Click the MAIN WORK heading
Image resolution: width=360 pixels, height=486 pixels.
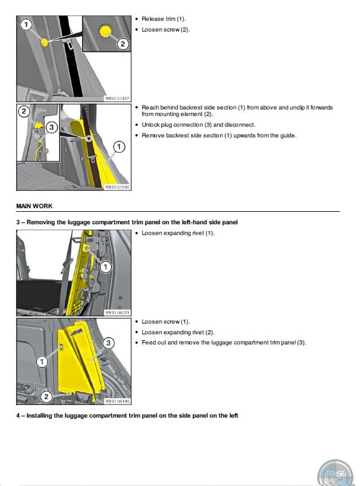pyautogui.click(x=35, y=206)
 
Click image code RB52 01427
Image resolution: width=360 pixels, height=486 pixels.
pyautogui.click(x=117, y=98)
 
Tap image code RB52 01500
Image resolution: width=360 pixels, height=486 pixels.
pyautogui.click(x=117, y=187)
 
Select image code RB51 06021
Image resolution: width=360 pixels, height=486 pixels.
pyautogui.click(x=117, y=312)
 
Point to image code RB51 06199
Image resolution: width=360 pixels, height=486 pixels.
pyautogui.click(x=117, y=401)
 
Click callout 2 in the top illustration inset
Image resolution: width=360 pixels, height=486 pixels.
pyautogui.click(x=123, y=43)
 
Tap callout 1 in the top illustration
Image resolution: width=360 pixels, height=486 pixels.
pyautogui.click(x=26, y=24)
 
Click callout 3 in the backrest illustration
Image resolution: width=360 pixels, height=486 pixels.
pyautogui.click(x=52, y=127)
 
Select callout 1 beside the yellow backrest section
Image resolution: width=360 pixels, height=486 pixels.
pyautogui.click(x=119, y=146)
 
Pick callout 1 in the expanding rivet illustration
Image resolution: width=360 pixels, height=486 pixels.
pyautogui.click(x=105, y=267)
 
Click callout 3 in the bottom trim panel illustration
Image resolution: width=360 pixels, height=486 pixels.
pyautogui.click(x=108, y=343)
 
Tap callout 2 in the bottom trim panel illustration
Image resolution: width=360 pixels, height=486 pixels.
pyautogui.click(x=46, y=396)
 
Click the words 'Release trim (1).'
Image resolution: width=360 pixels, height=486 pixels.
pyautogui.click(x=164, y=19)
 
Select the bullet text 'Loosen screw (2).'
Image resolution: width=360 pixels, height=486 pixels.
pyautogui.click(x=165, y=30)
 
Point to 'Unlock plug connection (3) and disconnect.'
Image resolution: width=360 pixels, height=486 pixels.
pyautogui.click(x=199, y=125)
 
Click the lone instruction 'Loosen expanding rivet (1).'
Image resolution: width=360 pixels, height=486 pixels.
pyautogui.click(x=178, y=233)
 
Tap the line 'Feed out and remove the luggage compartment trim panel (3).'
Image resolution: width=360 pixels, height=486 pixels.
pyautogui.click(x=224, y=343)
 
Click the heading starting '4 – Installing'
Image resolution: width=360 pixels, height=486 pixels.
pyautogui.click(x=127, y=416)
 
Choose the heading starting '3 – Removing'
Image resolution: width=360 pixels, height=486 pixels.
pyautogui.click(x=127, y=222)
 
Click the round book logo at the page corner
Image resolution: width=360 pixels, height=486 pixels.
pyautogui.click(x=336, y=474)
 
